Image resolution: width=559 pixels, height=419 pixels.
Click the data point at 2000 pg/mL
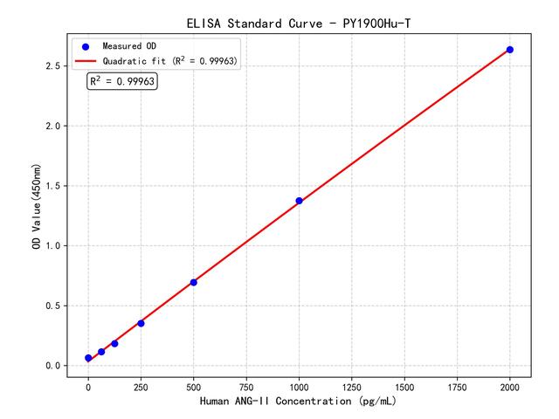(510, 50)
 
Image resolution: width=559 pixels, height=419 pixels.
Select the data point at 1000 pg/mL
(299, 201)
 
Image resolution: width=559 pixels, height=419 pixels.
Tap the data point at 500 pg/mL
(193, 282)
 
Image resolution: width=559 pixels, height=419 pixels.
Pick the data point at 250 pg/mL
(141, 323)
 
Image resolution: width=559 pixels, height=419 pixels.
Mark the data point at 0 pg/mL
(88, 358)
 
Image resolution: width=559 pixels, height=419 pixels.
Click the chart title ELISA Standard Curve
(299, 23)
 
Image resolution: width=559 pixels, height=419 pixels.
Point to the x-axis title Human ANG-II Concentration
(299, 402)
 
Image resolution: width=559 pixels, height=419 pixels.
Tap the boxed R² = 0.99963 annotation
(122, 81)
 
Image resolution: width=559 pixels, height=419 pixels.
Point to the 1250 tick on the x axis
(352, 385)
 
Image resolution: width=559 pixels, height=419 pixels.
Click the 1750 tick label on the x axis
(458, 385)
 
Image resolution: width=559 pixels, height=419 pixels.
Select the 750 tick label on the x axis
(246, 385)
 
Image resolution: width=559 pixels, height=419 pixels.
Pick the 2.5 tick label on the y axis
(52, 66)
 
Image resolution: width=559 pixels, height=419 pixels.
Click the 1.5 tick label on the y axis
(52, 186)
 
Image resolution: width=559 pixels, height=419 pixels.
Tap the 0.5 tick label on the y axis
(52, 306)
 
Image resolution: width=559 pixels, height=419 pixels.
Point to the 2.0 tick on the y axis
(52, 127)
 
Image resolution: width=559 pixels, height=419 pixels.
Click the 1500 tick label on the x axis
(404, 385)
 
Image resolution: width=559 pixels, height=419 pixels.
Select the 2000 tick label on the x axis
(510, 385)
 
